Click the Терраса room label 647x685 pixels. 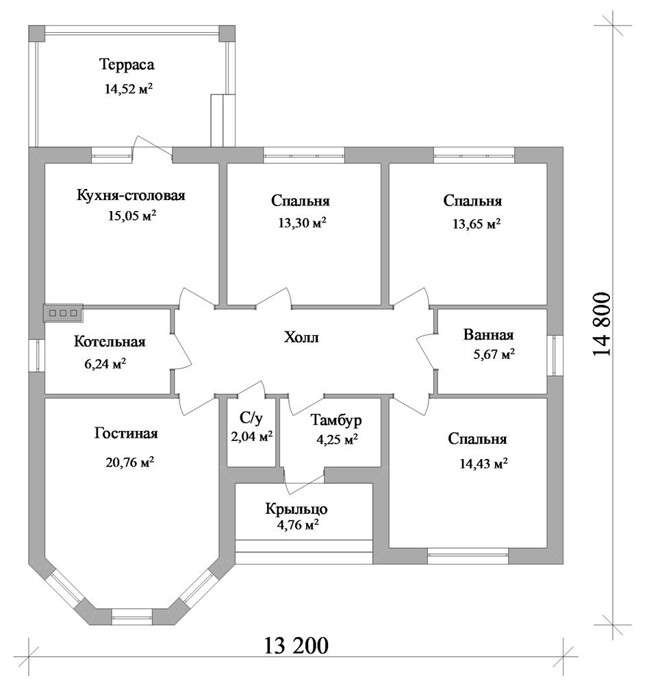pyautogui.click(x=127, y=64)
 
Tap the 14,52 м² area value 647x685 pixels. pyautogui.click(x=128, y=88)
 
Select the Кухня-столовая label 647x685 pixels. pyautogui.click(x=131, y=195)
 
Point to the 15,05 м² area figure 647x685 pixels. pyautogui.click(x=132, y=215)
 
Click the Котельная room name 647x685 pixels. pyautogui.click(x=110, y=341)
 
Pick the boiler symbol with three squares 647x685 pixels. pyautogui.click(x=63, y=313)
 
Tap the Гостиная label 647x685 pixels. pyautogui.click(x=126, y=434)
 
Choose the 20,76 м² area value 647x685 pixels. pyautogui.click(x=129, y=462)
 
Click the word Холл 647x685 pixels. pyautogui.click(x=302, y=337)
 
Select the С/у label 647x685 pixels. pyautogui.click(x=251, y=419)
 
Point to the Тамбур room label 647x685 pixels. pyautogui.click(x=336, y=420)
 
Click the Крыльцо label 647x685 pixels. pyautogui.click(x=296, y=509)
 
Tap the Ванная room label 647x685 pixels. pyautogui.click(x=489, y=335)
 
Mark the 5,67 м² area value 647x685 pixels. pyautogui.click(x=494, y=353)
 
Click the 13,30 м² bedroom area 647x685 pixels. pyautogui.click(x=303, y=223)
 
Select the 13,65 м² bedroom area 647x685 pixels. pyautogui.click(x=477, y=224)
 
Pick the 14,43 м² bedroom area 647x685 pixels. pyautogui.click(x=483, y=463)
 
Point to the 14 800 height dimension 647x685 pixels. pyautogui.click(x=602, y=324)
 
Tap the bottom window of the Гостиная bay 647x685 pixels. pyautogui.click(x=132, y=618)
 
